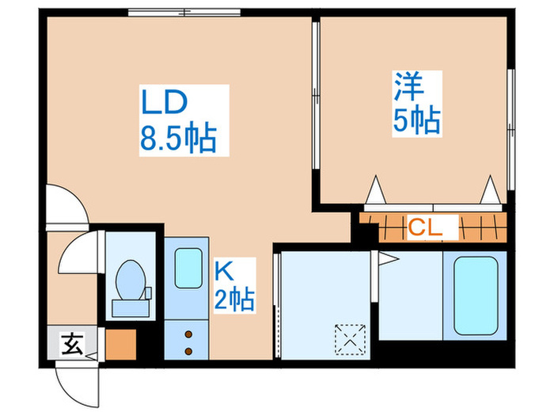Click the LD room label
pos(164,103)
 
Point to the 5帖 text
pos(417,120)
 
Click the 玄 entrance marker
pos(72,345)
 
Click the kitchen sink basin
pos(188,268)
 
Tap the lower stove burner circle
pos(188,349)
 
